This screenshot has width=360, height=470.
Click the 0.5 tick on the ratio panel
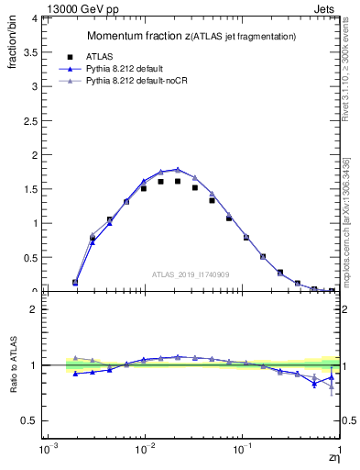(29, 420)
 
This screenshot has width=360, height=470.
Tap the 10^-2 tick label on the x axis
(144, 452)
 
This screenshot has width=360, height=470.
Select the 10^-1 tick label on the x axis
(242, 452)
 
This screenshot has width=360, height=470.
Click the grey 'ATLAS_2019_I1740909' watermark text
(191, 274)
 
